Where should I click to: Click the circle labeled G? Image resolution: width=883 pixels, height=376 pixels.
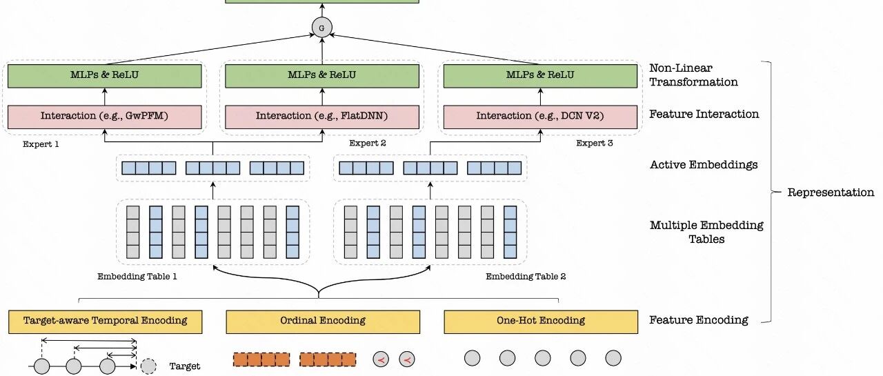click(x=321, y=28)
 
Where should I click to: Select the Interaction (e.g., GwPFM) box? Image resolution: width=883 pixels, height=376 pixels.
click(x=104, y=117)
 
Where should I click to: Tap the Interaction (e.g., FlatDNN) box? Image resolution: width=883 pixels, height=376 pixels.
click(x=322, y=117)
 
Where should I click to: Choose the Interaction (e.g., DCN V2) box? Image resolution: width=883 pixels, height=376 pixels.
click(x=540, y=117)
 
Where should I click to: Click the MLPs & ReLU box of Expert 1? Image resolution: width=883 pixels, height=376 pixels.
click(x=104, y=76)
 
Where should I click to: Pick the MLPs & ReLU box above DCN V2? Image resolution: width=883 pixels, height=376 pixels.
click(x=540, y=76)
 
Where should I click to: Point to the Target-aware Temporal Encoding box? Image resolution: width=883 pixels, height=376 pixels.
click(x=106, y=322)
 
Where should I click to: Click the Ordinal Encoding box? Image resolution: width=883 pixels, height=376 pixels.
click(x=323, y=322)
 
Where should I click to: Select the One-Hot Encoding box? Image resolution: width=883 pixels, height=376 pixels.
click(x=541, y=322)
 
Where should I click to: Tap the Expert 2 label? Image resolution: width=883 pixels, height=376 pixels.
click(x=368, y=143)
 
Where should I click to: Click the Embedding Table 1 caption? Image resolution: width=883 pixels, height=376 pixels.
click(x=137, y=276)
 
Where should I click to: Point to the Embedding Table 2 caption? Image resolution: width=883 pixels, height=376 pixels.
click(x=526, y=276)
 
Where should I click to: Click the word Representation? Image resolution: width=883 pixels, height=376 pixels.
click(x=831, y=192)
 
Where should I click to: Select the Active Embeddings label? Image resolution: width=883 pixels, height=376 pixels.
click(x=704, y=165)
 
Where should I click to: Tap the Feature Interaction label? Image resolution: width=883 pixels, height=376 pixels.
click(x=704, y=114)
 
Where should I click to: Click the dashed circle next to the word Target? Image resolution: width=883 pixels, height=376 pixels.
click(x=148, y=366)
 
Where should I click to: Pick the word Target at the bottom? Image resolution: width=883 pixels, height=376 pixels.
click(x=184, y=366)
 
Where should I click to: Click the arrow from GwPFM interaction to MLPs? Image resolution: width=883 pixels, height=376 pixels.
click(x=104, y=97)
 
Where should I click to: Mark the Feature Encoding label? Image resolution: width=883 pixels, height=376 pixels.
click(x=699, y=319)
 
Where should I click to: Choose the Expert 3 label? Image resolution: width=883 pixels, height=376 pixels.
click(x=595, y=143)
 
